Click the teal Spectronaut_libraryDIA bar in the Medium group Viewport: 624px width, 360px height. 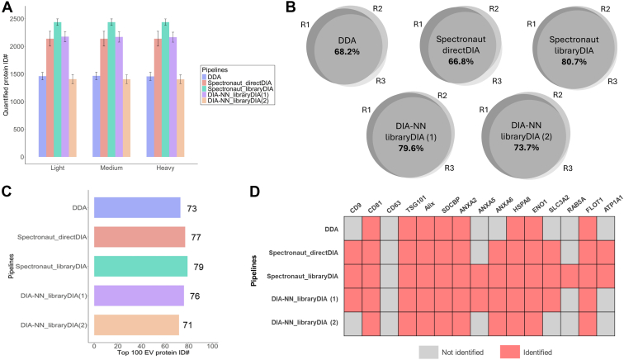point(111,90)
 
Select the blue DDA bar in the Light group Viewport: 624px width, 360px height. point(43,116)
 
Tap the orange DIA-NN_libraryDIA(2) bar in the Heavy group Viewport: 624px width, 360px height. point(180,118)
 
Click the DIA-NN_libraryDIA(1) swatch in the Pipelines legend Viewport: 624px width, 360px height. point(205,95)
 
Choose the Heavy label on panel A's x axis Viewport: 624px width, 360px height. point(165,168)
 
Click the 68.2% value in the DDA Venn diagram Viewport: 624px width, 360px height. point(347,52)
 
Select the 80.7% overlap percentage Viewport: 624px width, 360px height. point(574,62)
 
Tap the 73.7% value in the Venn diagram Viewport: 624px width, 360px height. point(526,148)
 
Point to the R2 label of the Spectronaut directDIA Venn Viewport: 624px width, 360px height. point(494,9)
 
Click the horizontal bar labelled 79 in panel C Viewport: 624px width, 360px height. point(141,267)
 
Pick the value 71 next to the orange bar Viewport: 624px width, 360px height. point(187,325)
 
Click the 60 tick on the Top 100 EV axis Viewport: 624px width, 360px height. point(165,346)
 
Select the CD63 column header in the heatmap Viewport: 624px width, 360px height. point(392,207)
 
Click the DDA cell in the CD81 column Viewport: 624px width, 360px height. point(371,229)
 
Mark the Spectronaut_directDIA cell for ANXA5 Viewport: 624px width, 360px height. point(480,253)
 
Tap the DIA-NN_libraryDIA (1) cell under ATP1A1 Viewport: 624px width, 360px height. point(605,300)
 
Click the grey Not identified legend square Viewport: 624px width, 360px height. point(428,352)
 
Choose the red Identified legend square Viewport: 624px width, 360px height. point(510,352)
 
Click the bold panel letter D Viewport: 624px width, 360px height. point(255,192)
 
